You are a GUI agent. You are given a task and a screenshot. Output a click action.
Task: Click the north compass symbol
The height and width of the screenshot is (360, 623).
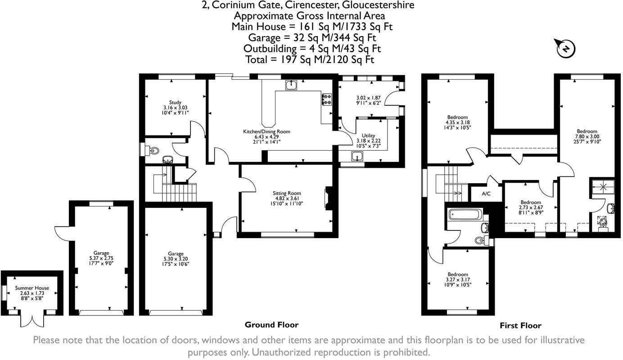click(x=566, y=48)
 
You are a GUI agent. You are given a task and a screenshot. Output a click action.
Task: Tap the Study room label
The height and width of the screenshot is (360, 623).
click(x=175, y=103)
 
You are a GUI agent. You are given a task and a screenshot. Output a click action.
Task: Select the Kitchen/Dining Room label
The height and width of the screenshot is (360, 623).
click(x=267, y=132)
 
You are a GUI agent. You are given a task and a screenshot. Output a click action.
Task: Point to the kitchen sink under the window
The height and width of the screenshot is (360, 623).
click(x=291, y=85)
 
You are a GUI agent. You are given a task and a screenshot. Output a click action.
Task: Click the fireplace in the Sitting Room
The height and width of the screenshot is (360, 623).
click(x=328, y=198)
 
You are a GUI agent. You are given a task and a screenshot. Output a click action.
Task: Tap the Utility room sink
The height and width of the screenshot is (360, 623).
click(x=357, y=157)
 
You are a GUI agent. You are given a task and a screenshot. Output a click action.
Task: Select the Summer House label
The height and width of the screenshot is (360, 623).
click(x=32, y=288)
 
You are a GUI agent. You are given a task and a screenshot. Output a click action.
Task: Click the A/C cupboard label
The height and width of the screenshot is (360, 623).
click(x=486, y=194)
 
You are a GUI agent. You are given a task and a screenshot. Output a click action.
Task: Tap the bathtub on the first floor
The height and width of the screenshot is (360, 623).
click(x=465, y=214)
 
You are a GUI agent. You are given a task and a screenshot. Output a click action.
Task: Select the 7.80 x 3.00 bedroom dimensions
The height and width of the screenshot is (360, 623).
click(x=587, y=136)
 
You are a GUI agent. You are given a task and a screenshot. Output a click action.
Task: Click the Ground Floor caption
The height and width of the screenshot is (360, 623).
click(x=271, y=324)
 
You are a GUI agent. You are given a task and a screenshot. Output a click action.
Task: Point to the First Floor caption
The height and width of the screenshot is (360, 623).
click(x=520, y=325)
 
